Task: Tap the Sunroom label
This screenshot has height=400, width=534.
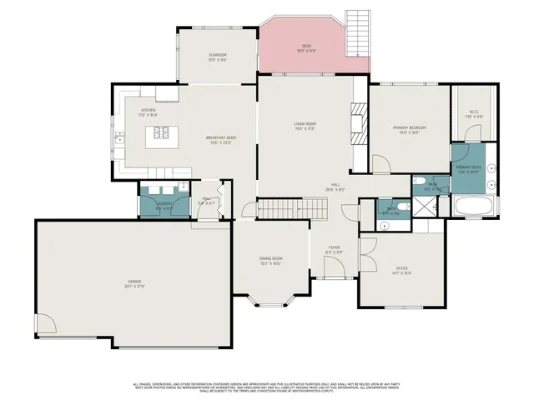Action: tap(218, 57)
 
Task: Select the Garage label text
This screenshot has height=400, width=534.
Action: tap(135, 285)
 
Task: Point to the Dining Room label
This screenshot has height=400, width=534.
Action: tap(271, 261)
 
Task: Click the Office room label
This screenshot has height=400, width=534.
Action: tap(402, 269)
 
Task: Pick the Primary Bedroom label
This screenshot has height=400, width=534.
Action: tap(410, 129)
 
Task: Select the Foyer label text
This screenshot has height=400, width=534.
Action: tap(334, 249)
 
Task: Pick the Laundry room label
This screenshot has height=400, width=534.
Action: tap(164, 203)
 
